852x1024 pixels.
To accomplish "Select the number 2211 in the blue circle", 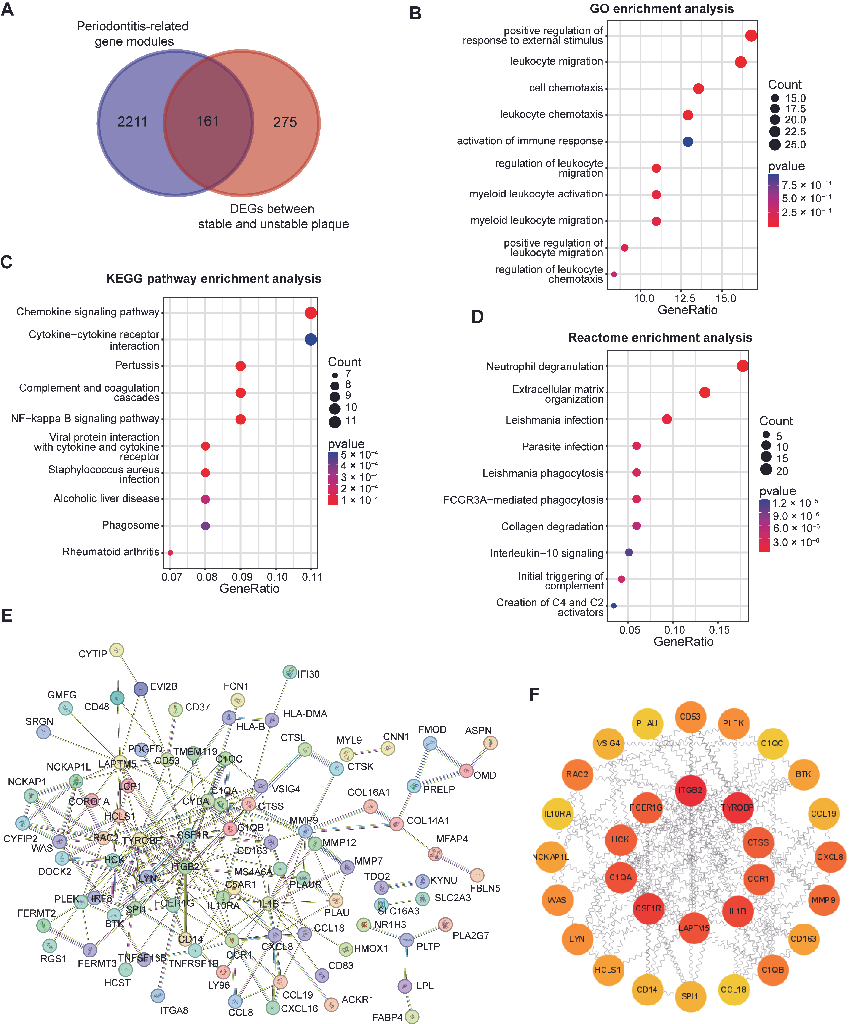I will pyautogui.click(x=132, y=121).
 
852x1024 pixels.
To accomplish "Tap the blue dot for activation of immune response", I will pyautogui.click(x=688, y=141).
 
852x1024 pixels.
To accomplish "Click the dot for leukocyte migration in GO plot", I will pyautogui.click(x=740, y=62).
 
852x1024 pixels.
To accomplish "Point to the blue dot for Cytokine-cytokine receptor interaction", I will pyautogui.click(x=311, y=339).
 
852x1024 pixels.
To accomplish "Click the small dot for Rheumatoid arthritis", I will pyautogui.click(x=170, y=553).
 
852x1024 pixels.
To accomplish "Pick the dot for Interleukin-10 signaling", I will pyautogui.click(x=629, y=553).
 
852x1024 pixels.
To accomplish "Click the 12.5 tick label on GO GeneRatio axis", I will pyautogui.click(x=684, y=298).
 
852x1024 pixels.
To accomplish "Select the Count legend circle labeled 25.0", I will pyautogui.click(x=774, y=144).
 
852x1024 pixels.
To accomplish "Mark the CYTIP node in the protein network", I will pyautogui.click(x=116, y=650).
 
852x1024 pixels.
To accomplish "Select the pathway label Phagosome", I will pyautogui.click(x=130, y=525).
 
